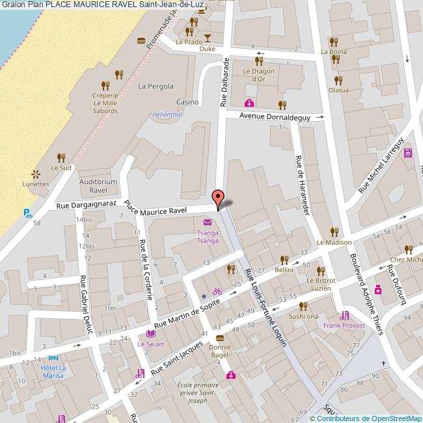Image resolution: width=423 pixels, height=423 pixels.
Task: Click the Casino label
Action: pos(187,102)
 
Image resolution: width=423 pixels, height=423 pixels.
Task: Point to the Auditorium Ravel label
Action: pos(98,186)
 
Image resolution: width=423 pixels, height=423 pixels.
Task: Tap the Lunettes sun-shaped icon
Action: pos(36,173)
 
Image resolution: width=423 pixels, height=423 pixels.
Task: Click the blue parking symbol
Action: pos(28,213)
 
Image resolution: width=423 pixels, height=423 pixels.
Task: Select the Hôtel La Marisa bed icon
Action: pos(53,359)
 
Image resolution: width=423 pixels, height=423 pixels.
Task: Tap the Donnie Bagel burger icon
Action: pos(220,338)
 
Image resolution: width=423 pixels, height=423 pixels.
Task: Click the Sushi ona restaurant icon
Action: pos(303,306)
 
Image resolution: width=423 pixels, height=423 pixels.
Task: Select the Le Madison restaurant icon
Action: pos(334,232)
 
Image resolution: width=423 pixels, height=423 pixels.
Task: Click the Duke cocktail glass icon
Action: pos(208,38)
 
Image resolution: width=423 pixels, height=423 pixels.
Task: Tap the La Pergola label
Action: pos(156,86)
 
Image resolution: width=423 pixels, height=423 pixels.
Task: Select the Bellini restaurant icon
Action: pos(284,259)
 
